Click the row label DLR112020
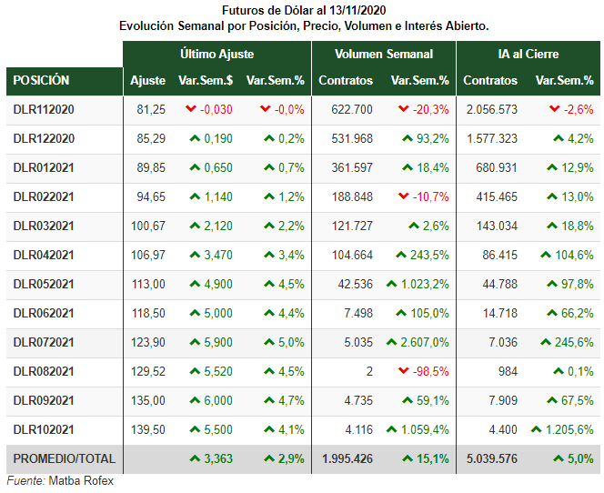tap(44, 110)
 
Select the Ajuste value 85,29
tap(151, 138)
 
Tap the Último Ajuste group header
tap(216, 54)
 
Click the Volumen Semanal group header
tap(384, 54)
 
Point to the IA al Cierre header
tap(528, 54)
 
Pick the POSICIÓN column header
tap(41, 80)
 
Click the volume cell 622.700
tap(352, 110)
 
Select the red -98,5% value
tap(430, 372)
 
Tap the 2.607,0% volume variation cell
tap(425, 342)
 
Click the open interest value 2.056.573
tap(492, 110)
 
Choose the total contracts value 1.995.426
tap(347, 458)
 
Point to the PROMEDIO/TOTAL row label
tap(65, 458)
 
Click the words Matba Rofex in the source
tap(81, 481)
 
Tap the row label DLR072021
tap(44, 342)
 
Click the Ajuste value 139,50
tap(148, 430)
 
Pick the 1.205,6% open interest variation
tap(569, 430)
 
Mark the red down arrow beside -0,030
tap(191, 109)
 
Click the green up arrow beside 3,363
tap(195, 458)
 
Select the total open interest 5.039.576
tap(492, 458)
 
